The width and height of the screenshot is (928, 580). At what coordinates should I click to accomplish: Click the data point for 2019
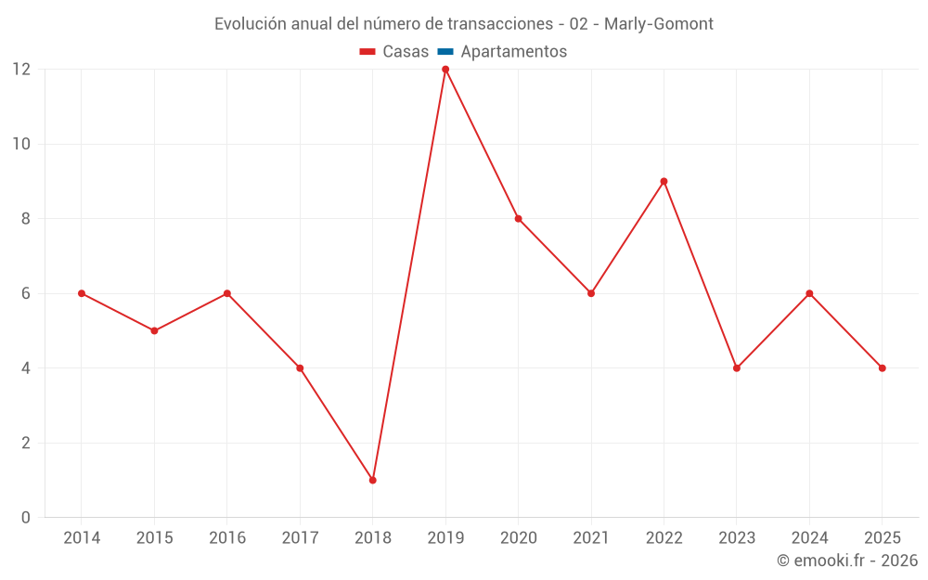(445, 70)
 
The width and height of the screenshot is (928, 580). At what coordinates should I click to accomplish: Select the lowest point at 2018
(372, 480)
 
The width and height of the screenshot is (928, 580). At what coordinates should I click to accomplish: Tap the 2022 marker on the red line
(664, 181)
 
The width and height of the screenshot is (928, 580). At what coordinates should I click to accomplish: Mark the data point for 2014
(82, 293)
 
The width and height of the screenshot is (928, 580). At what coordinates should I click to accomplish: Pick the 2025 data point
(882, 368)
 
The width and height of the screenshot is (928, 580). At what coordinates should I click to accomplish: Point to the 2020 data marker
(518, 219)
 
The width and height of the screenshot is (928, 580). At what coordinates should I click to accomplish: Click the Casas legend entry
(406, 52)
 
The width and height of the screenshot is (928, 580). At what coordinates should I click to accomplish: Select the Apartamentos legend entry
(513, 52)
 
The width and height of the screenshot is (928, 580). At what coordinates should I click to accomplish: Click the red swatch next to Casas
(367, 52)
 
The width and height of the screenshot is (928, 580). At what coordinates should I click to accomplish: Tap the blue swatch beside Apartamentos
(445, 52)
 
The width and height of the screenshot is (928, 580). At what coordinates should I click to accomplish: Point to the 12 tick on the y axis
(20, 70)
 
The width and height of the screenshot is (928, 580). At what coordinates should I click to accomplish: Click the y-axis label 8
(26, 219)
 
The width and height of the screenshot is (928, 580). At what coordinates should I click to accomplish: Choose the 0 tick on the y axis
(26, 517)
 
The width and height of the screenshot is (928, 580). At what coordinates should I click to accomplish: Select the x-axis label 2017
(300, 538)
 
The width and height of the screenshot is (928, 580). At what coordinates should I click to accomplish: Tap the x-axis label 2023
(737, 538)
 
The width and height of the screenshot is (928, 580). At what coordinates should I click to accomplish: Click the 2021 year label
(591, 538)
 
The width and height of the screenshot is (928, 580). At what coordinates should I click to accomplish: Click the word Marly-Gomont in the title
(659, 23)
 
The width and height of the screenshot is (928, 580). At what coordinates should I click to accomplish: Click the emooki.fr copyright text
(847, 561)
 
